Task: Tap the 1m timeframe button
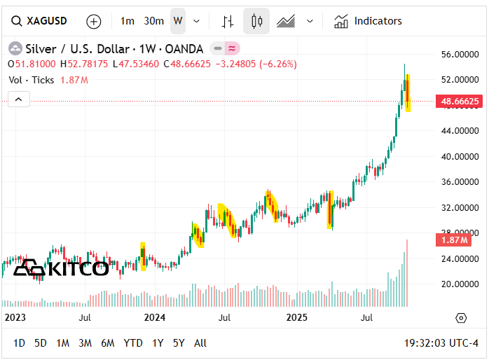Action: [x=127, y=21]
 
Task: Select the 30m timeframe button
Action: [x=153, y=21]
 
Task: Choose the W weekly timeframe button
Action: [x=178, y=21]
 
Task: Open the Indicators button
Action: [x=369, y=21]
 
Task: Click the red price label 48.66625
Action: [x=460, y=102]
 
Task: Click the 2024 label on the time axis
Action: [x=154, y=317]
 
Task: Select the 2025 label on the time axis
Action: [x=298, y=317]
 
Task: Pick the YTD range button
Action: [x=133, y=343]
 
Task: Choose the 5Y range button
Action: [x=179, y=343]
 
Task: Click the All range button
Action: [x=200, y=343]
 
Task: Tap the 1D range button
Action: [x=19, y=343]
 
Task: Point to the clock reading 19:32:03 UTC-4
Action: [x=441, y=343]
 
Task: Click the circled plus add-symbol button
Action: [x=94, y=21]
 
